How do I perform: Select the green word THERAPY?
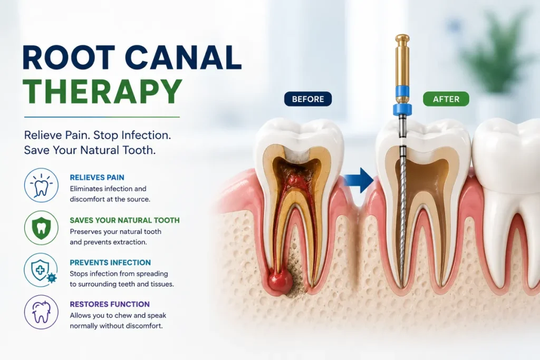[102, 91]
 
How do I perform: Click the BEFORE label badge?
[308, 99]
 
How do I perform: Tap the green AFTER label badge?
[446, 99]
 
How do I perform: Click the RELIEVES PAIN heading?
[97, 178]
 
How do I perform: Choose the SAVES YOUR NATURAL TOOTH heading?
[124, 220]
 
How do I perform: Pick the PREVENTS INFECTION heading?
[110, 262]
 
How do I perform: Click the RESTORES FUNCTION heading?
[110, 304]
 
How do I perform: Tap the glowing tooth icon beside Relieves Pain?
[41, 185]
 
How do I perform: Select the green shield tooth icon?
[41, 228]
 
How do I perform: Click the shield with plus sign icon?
[41, 270]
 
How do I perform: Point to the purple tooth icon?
[41, 312]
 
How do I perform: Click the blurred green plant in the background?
[496, 52]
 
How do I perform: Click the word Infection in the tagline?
[147, 135]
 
